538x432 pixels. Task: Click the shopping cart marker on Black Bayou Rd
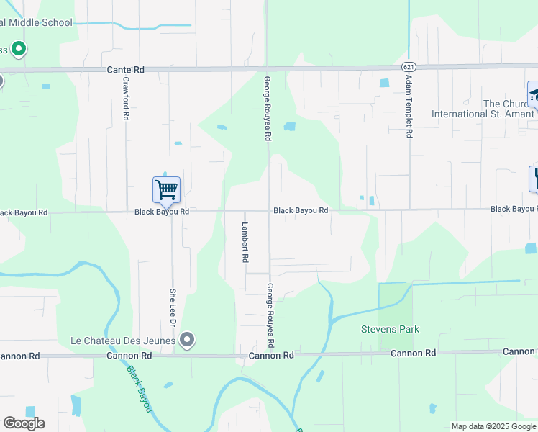pos(166,191)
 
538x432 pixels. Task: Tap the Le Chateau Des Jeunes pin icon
pos(187,339)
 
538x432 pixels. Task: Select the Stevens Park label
pos(389,330)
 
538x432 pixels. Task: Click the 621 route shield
pos(407,66)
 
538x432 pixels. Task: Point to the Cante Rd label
pos(125,70)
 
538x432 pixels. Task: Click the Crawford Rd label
pos(126,99)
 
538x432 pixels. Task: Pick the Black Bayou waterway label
pos(140,390)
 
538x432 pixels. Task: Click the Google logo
pos(24,423)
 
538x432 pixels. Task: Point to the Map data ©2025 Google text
pos(493,426)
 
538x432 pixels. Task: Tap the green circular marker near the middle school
pos(19,49)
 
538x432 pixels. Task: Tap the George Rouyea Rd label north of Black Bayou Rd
pos(267,108)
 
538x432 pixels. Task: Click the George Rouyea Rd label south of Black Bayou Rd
pos(270,314)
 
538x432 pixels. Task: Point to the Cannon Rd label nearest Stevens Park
pos(414,353)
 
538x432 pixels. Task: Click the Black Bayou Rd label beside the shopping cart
pos(161,212)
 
